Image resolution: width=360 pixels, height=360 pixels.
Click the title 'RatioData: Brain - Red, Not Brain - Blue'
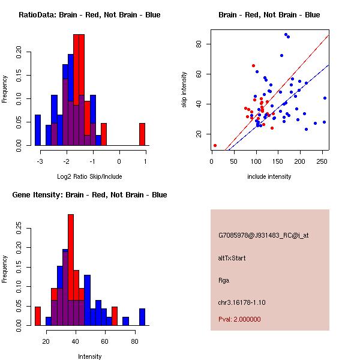(89, 15)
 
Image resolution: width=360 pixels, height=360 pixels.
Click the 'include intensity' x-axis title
(269, 176)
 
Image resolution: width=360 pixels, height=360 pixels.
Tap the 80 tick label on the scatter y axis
(197, 44)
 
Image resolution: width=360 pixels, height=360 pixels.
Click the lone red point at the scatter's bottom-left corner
(215, 145)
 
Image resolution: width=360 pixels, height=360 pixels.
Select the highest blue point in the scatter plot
(286, 34)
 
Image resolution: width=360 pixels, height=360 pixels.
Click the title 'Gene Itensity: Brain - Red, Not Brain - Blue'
(89, 195)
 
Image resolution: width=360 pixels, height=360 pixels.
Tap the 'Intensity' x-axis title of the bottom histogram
(89, 356)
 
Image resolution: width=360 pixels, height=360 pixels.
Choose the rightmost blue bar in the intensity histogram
(142, 317)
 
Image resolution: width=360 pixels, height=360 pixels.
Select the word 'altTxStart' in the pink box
(232, 258)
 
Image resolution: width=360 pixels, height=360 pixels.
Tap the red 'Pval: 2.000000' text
(239, 319)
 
